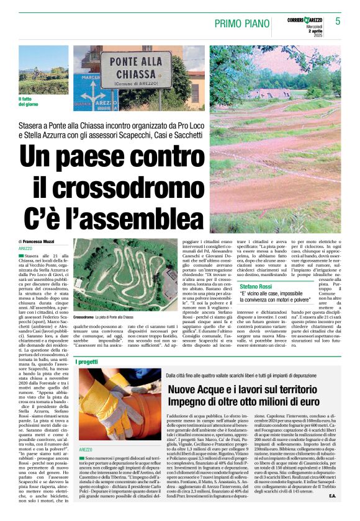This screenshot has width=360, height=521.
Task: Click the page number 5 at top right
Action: click(338, 21)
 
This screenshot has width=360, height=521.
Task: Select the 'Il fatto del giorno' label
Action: click(28, 101)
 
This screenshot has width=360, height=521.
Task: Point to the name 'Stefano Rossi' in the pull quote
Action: click(239, 287)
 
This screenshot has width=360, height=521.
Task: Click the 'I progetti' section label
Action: click(86, 362)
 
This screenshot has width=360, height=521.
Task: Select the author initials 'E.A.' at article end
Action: click(333, 512)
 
